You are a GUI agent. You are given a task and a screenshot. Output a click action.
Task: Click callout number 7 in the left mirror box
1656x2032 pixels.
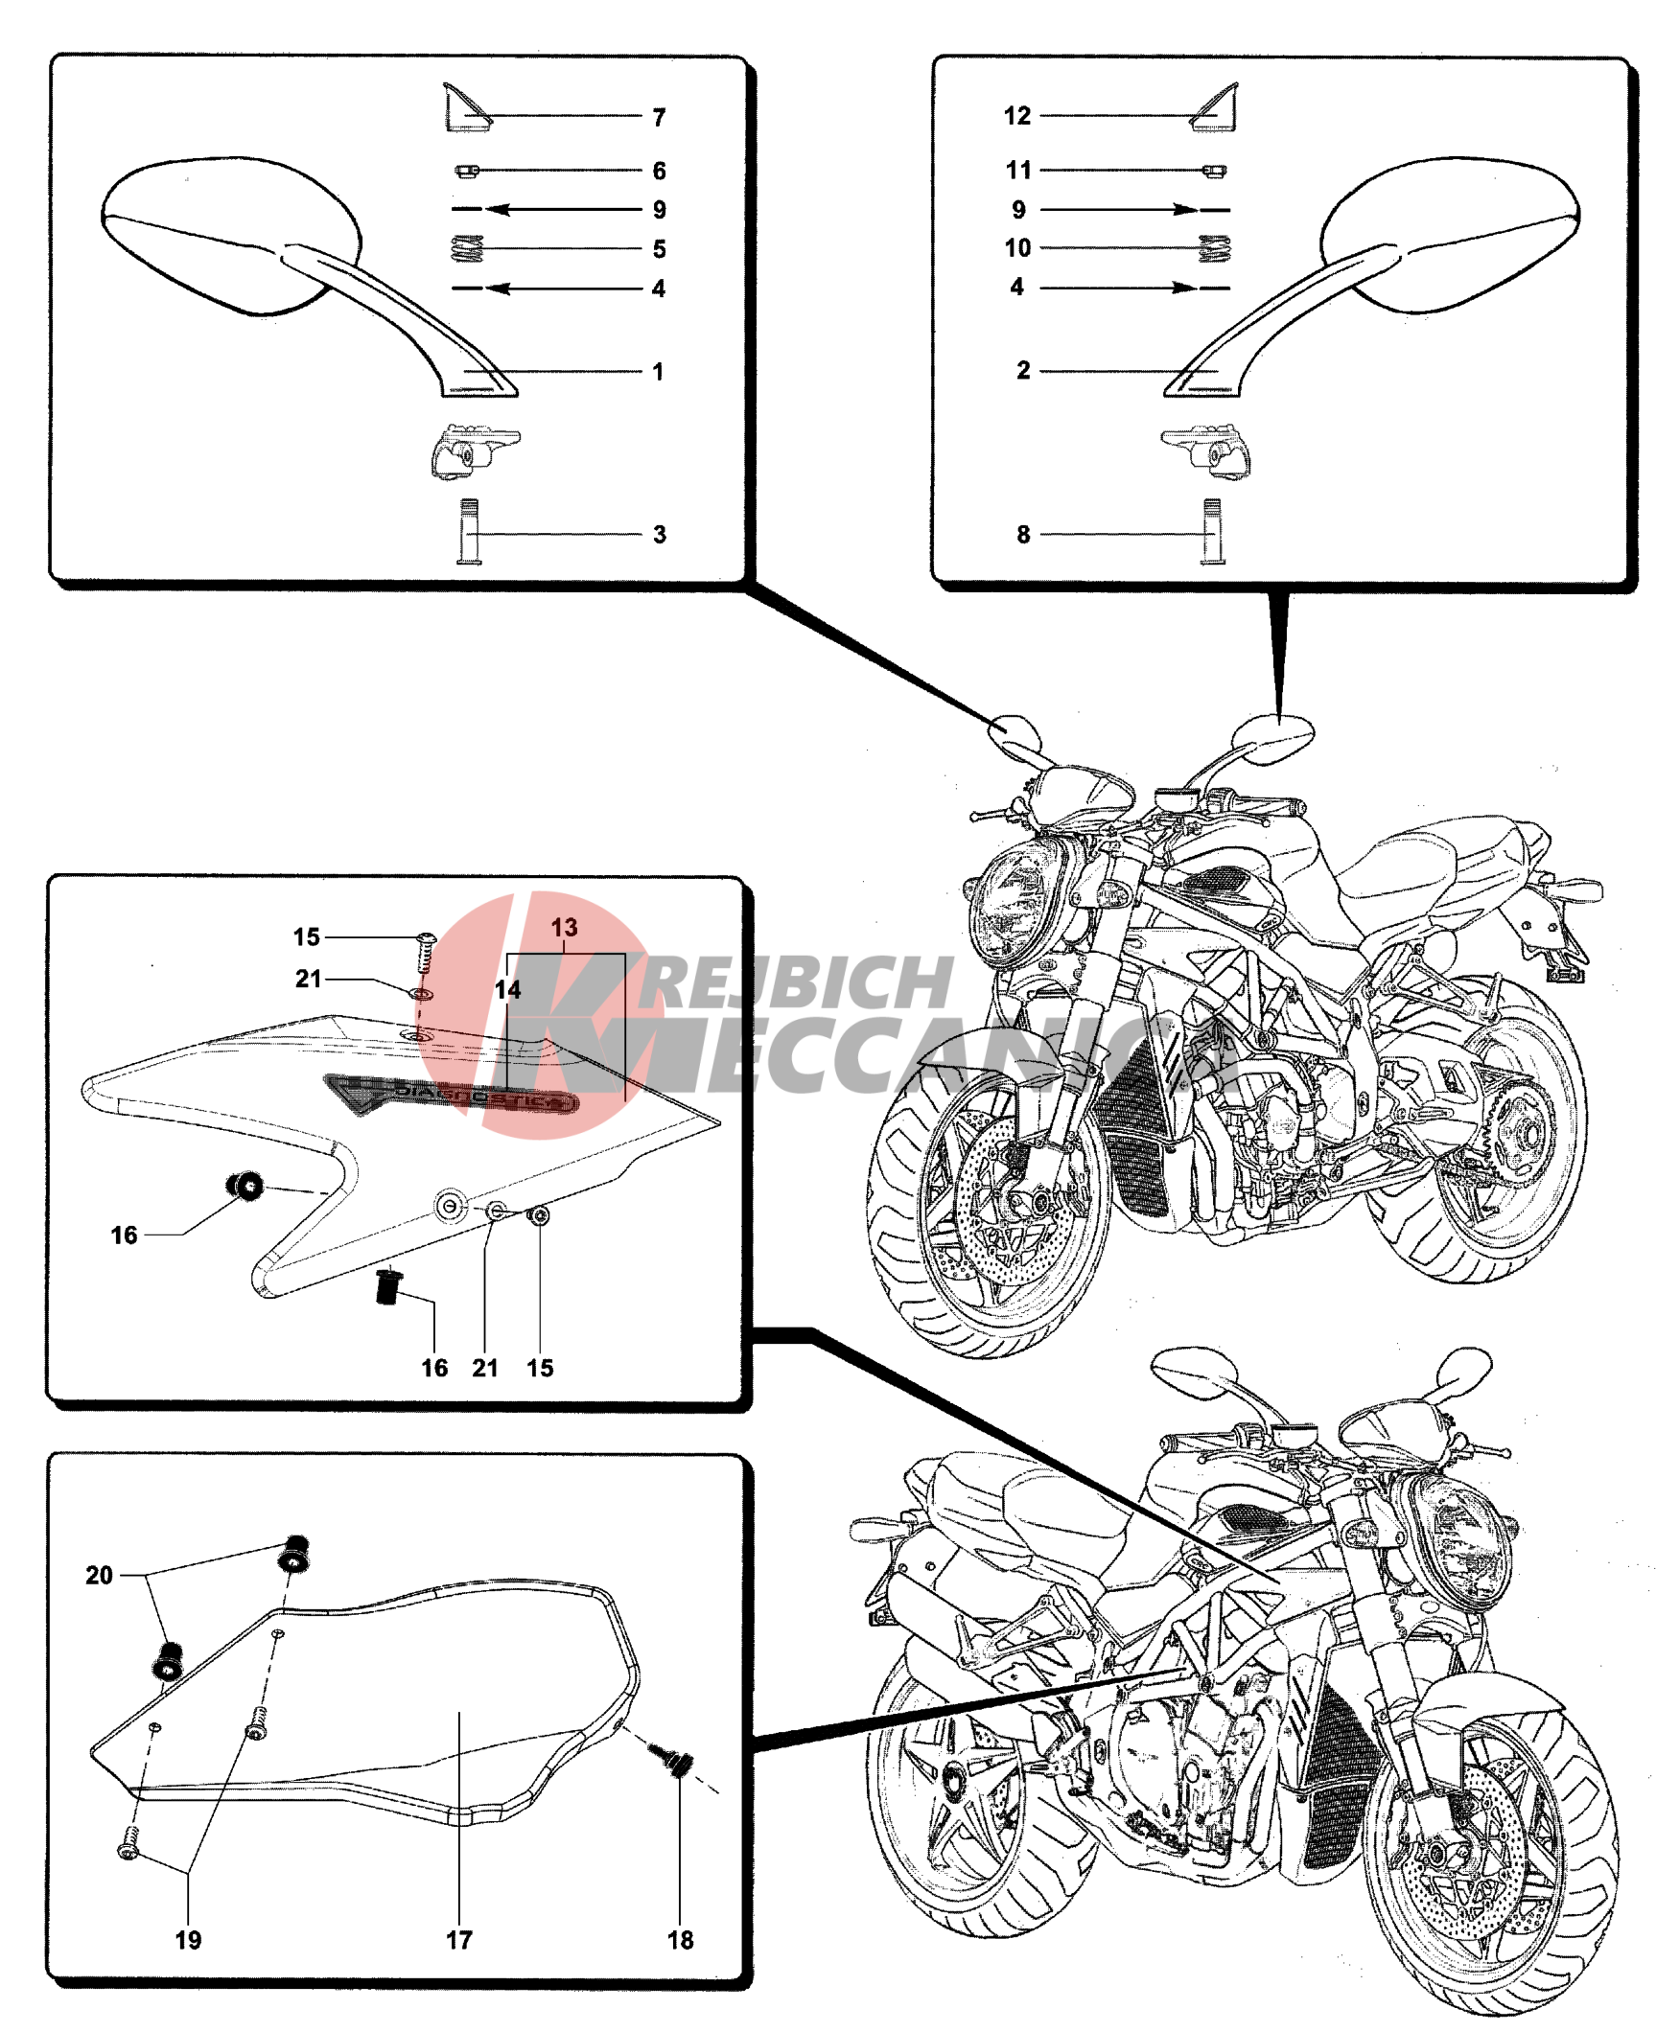point(659,118)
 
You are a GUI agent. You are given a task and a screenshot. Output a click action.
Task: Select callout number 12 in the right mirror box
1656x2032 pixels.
point(1017,116)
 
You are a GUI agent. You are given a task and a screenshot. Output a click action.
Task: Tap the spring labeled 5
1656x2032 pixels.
point(467,249)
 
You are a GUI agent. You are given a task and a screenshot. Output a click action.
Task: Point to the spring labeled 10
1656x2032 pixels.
point(1214,248)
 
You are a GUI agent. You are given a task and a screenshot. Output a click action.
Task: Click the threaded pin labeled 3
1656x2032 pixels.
point(470,532)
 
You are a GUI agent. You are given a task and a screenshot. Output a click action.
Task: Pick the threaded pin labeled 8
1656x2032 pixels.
point(1213,532)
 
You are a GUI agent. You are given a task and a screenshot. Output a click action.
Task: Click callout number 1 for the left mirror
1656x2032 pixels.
point(658,372)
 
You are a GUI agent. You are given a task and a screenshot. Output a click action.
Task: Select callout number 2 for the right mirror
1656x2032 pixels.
point(1023,371)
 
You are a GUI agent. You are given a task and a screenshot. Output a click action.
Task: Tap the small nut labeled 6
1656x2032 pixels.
point(466,172)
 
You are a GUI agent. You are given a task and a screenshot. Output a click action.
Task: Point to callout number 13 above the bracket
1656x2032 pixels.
point(564,928)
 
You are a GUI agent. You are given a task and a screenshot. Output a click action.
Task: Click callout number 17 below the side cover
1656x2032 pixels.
point(459,1940)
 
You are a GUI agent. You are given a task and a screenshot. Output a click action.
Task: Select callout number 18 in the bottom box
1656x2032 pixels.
point(680,1940)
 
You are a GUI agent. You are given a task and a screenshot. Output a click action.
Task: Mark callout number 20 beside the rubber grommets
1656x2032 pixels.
point(99,1575)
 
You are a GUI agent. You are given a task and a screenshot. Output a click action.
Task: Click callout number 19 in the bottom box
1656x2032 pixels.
point(188,1940)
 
